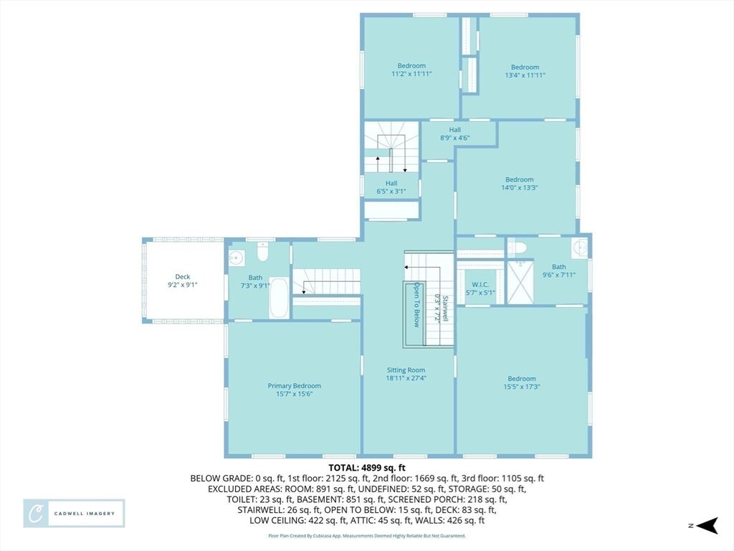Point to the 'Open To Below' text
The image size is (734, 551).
416,304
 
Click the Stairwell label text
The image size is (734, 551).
446,309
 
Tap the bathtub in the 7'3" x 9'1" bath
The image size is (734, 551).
279,298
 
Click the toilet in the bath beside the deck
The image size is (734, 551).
262,252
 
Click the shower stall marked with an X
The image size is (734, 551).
520,282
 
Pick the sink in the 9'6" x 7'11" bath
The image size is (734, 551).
579,247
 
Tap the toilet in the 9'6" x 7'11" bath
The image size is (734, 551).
518,247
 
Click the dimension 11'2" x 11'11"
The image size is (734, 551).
411,74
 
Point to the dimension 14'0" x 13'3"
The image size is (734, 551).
520,188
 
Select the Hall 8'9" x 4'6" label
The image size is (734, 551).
455,134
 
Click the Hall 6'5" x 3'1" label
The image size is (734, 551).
391,187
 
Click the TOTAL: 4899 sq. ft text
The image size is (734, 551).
367,468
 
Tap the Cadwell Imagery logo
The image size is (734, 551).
74,514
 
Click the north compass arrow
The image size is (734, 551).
707,526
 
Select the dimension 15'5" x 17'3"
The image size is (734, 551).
522,387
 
